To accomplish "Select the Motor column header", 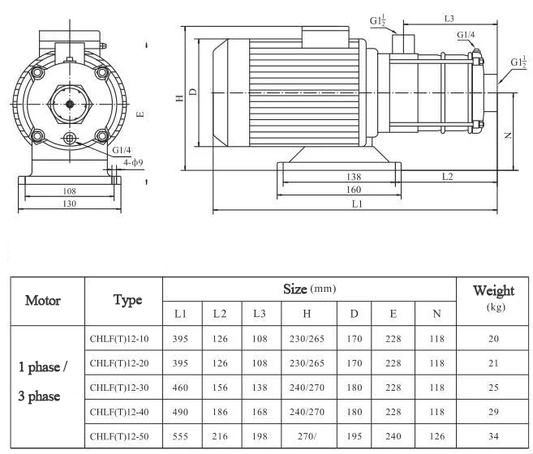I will tap(43, 300).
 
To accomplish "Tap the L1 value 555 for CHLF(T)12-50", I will tap(180, 436).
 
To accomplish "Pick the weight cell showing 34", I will tap(493, 436).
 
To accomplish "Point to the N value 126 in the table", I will tap(436, 436).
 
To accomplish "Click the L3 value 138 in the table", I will tap(259, 388).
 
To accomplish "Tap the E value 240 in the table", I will tap(393, 436).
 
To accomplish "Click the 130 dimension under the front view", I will tap(70, 204).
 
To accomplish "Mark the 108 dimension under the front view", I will tap(70, 191).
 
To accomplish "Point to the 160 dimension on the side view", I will tap(353, 190).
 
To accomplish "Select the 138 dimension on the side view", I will tap(353, 176).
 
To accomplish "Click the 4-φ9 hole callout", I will tap(133, 163).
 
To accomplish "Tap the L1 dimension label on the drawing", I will tap(357, 205).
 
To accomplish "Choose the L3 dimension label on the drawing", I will tap(449, 17).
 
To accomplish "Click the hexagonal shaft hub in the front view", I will tap(70, 103).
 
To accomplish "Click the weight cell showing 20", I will tap(493, 338).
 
